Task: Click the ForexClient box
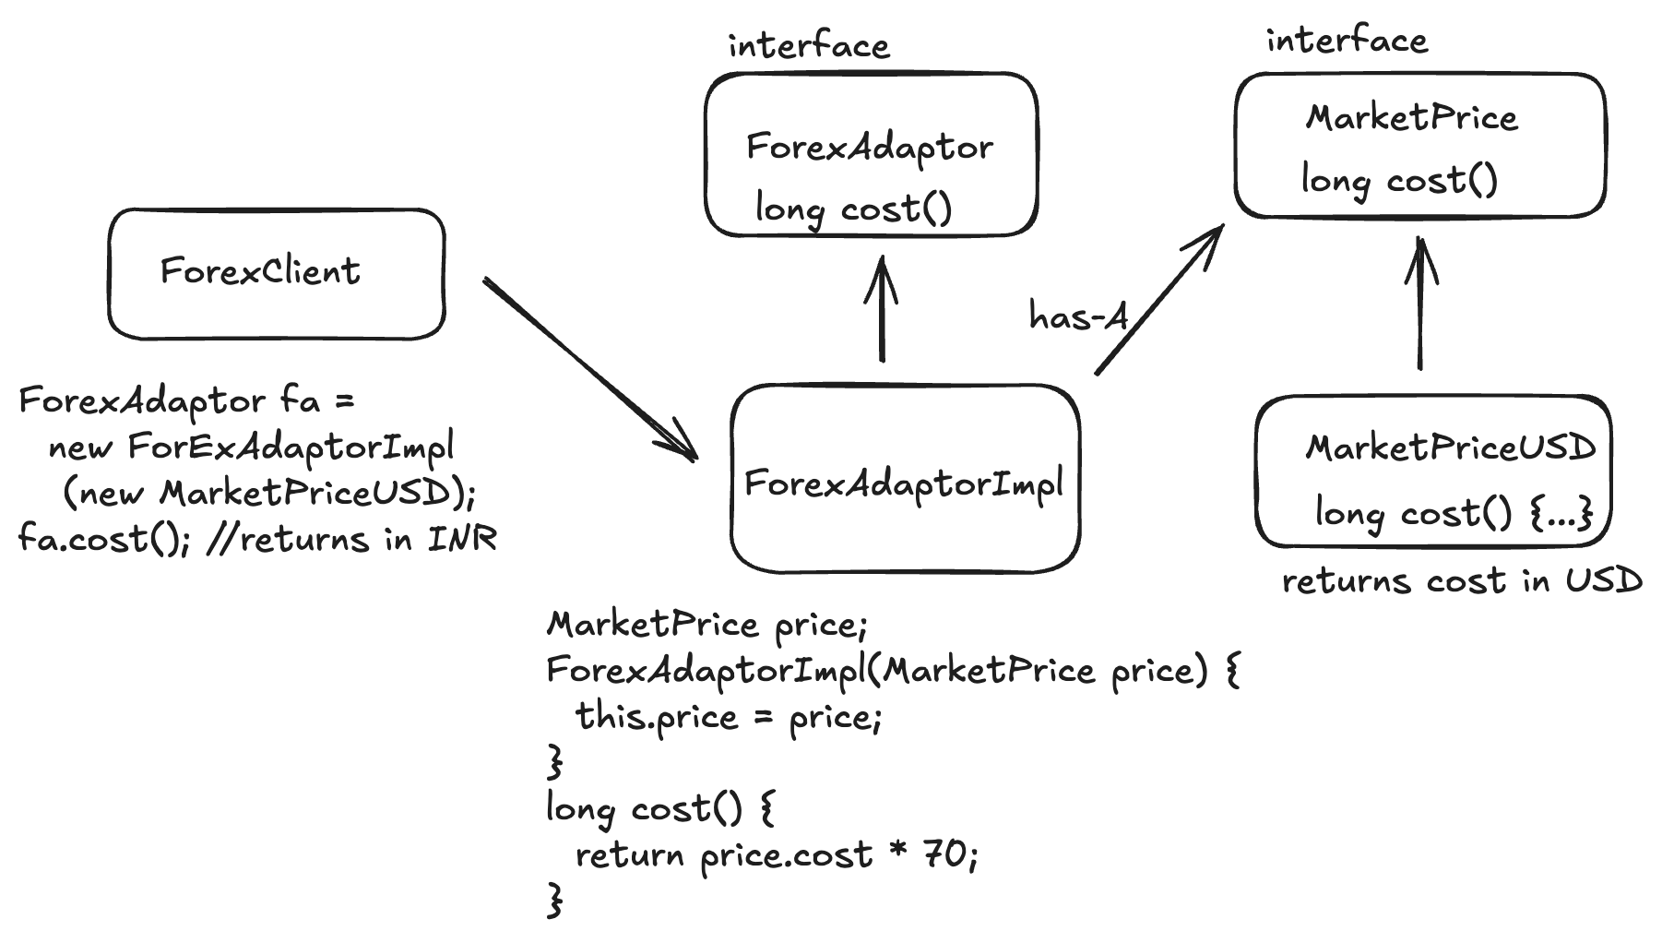[x=276, y=274]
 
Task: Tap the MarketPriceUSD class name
[x=1450, y=448]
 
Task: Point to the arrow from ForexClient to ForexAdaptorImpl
[x=589, y=368]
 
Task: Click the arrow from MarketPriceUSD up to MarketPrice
[x=1420, y=304]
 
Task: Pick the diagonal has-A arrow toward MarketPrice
[x=1160, y=300]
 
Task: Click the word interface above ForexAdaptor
[x=809, y=45]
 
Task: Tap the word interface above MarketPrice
[x=1347, y=41]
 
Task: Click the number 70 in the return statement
[x=944, y=855]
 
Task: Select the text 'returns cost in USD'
[x=1462, y=581]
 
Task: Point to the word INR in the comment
[x=462, y=539]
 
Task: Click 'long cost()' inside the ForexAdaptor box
[x=853, y=209]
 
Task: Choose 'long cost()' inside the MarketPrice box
[x=1399, y=180]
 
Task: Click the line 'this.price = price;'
[x=729, y=717]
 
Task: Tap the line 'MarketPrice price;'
[x=707, y=626]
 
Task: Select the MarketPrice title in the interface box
[x=1411, y=118]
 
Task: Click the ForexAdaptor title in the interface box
[x=870, y=148]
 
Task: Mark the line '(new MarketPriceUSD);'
[x=269, y=494]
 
